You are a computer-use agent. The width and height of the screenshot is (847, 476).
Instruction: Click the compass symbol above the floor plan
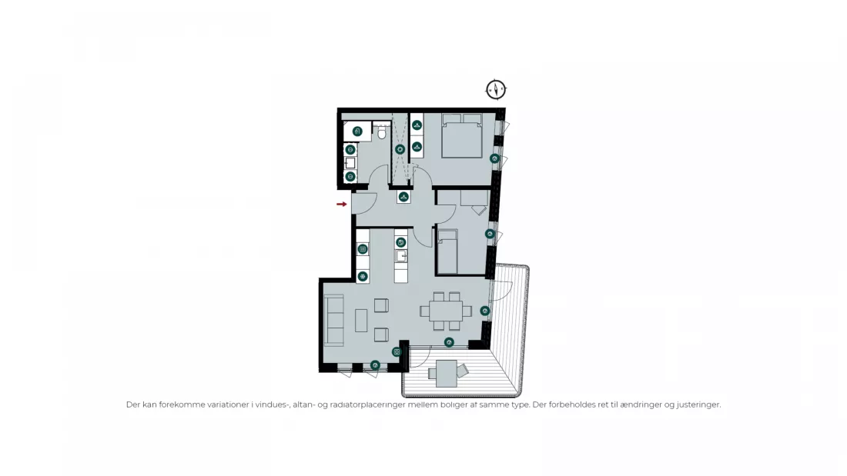pyautogui.click(x=496, y=90)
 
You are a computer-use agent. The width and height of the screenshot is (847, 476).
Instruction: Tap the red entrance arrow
pyautogui.click(x=341, y=204)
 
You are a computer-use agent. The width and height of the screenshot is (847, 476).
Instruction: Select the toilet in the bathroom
pyautogui.click(x=382, y=131)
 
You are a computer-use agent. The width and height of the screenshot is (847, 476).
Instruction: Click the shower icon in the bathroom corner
pyautogui.click(x=357, y=131)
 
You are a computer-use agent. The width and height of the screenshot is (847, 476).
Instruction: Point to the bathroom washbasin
pyautogui.click(x=350, y=163)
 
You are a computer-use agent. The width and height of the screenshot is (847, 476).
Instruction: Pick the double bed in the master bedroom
pyautogui.click(x=461, y=135)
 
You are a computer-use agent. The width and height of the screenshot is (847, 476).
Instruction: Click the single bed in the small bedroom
pyautogui.click(x=447, y=251)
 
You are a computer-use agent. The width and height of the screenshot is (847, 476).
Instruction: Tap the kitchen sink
pyautogui.click(x=401, y=256)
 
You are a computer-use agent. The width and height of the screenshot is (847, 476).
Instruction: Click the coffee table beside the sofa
pyautogui.click(x=361, y=320)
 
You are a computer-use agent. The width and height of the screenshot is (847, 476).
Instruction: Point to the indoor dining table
pyautogui.click(x=446, y=311)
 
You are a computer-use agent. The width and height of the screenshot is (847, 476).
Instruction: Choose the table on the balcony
pyautogui.click(x=447, y=374)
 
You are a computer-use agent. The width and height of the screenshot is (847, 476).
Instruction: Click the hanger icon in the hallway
pyautogui.click(x=403, y=197)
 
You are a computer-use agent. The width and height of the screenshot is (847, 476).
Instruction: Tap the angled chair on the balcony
pyautogui.click(x=463, y=370)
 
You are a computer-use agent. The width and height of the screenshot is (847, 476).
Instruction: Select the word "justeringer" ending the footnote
pyautogui.click(x=698, y=404)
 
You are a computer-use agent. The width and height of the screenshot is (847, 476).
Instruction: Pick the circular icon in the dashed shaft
pyautogui.click(x=400, y=149)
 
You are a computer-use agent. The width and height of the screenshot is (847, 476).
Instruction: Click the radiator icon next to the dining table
pyautogui.click(x=484, y=311)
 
